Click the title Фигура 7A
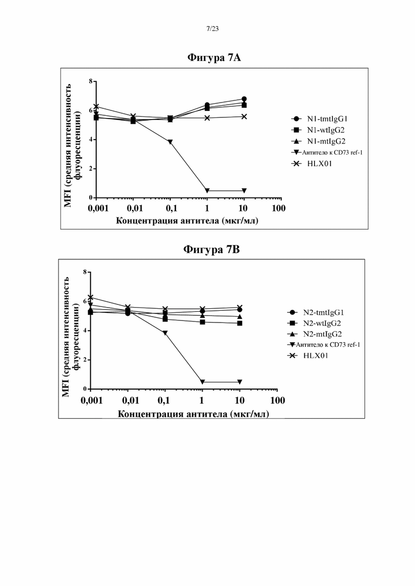(x=214, y=57)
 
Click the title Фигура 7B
(x=211, y=249)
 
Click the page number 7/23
(x=212, y=29)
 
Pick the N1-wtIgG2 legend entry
(x=318, y=130)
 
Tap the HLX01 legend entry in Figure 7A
(x=312, y=164)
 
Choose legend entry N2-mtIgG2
(x=314, y=334)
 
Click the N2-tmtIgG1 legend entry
(x=316, y=312)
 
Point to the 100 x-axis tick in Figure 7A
(x=278, y=208)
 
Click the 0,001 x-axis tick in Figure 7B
(x=92, y=401)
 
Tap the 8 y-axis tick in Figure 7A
(x=90, y=81)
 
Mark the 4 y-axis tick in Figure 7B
(x=85, y=331)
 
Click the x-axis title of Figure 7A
(x=187, y=220)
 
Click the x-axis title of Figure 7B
(x=194, y=414)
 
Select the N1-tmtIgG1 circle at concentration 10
(x=244, y=99)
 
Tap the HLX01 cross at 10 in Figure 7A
(x=244, y=116)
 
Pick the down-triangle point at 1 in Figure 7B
(x=203, y=382)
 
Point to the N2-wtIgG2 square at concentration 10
(x=239, y=323)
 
